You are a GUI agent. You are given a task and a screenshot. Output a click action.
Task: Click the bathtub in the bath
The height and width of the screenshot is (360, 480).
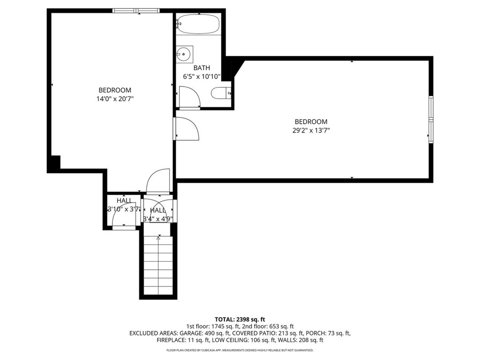199,24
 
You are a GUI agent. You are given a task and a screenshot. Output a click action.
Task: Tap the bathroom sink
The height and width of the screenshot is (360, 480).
184,54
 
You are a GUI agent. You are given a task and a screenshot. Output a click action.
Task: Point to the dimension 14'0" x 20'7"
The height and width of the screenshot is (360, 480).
115,98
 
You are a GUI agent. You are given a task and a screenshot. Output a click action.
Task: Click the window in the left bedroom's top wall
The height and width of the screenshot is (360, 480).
136,11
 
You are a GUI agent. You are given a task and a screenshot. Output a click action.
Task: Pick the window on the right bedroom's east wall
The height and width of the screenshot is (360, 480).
430,120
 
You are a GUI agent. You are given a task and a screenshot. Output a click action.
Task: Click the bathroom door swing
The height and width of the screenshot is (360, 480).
190,97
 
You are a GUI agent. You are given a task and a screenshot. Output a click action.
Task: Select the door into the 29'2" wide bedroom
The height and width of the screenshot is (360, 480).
186,128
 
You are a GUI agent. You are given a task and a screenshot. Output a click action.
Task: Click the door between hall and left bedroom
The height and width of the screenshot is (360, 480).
158,181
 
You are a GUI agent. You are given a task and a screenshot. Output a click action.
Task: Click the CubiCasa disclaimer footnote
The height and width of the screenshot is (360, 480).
240,350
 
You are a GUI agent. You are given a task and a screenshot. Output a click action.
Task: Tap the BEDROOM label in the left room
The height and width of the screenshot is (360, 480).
115,90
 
